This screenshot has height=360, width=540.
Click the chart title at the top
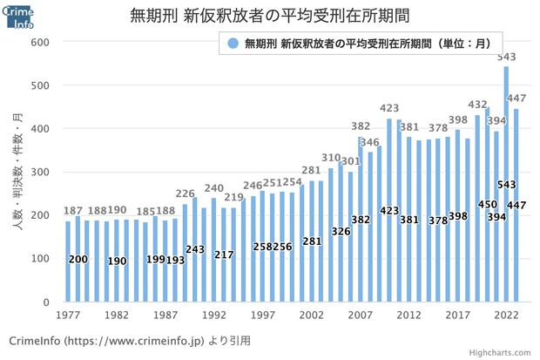[269, 16]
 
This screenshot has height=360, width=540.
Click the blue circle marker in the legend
[232, 43]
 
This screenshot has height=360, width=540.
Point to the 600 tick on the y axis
[41, 42]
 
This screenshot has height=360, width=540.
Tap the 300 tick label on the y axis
[41, 172]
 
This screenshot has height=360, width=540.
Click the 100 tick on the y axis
[41, 259]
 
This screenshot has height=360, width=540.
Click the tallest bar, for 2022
[506, 183]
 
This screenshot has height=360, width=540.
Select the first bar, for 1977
[68, 262]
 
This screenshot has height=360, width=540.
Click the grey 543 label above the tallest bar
[506, 58]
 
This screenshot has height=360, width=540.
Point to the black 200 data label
[78, 260]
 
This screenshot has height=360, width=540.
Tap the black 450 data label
[487, 204]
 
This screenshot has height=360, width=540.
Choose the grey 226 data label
[185, 194]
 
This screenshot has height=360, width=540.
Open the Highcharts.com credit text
[503, 352]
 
